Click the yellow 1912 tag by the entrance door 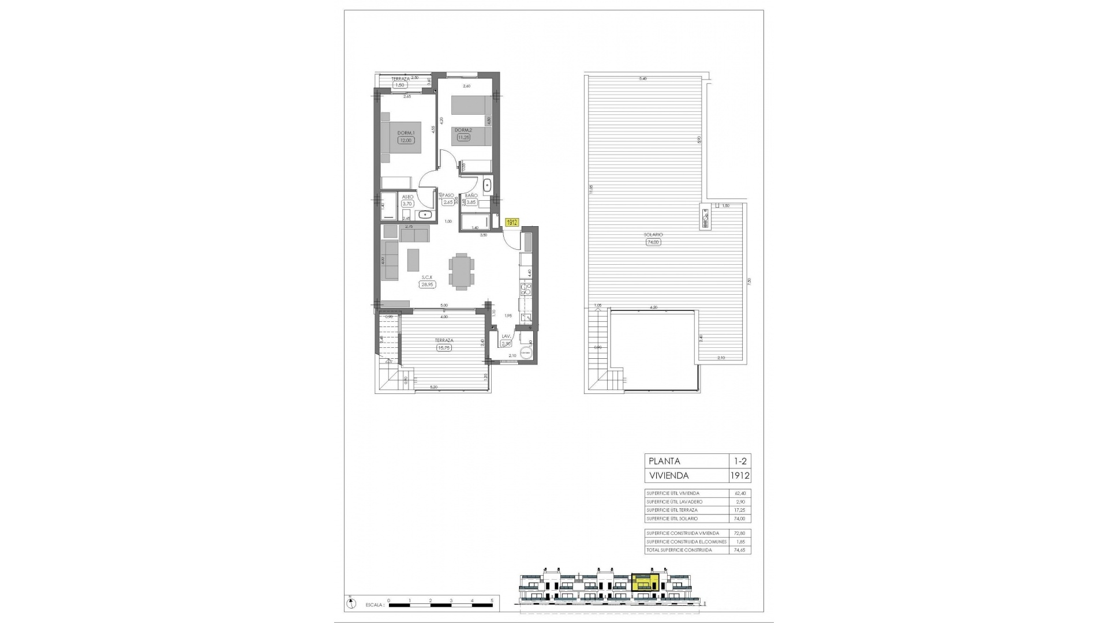coord(512,222)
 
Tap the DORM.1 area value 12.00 coord(406,140)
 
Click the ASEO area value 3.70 coord(407,204)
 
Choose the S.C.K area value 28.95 coord(428,284)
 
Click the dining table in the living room coord(462,271)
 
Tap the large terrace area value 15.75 coord(444,348)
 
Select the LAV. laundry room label coord(506,336)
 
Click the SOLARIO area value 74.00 coord(653,242)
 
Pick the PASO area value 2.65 coord(448,202)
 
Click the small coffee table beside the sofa coord(414,260)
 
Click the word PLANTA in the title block coord(664,461)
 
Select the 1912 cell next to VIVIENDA coord(739,476)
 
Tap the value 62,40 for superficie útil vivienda coord(740,493)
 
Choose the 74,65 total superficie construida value coord(740,550)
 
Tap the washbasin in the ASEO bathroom coord(426,215)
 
